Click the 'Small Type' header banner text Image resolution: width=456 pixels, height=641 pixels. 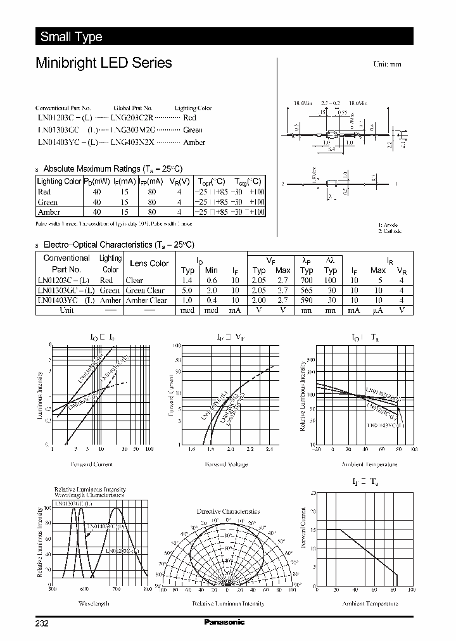[x=71, y=37]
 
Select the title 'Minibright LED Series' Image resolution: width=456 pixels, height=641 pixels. [x=103, y=63]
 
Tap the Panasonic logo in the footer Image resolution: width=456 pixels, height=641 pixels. [x=224, y=622]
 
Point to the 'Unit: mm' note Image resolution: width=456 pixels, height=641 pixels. [x=388, y=65]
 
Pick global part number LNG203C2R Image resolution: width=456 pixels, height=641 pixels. [x=132, y=118]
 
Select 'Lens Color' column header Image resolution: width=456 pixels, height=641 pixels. [x=149, y=263]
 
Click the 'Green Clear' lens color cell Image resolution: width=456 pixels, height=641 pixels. [x=145, y=291]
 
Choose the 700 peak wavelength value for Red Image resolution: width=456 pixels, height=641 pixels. [x=307, y=280]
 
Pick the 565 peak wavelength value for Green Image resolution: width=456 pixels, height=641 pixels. [x=307, y=291]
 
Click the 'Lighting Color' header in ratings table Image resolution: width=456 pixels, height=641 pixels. [x=60, y=181]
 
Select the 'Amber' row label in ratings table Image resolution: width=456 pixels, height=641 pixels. [x=49, y=212]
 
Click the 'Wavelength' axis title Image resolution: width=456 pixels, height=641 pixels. [x=94, y=604]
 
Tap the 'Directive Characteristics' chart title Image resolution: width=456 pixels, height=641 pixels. [x=228, y=511]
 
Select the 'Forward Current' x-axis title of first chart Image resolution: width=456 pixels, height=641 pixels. [x=93, y=464]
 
